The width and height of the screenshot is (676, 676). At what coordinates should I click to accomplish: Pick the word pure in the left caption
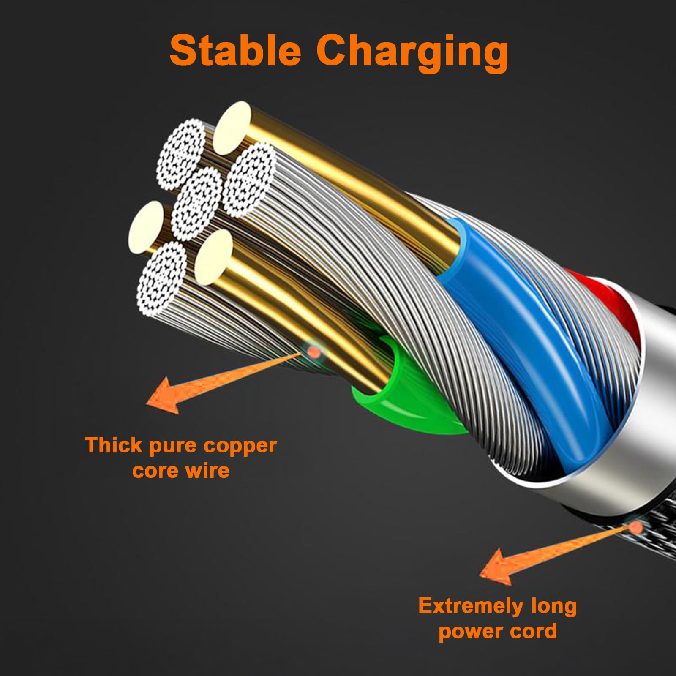tap(172, 447)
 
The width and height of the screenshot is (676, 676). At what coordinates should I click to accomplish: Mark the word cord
tap(534, 631)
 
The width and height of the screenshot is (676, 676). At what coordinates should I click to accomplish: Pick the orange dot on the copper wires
tap(313, 351)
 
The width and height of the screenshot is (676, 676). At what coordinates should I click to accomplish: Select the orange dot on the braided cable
tap(635, 527)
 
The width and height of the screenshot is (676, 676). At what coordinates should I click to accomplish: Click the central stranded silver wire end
tap(197, 204)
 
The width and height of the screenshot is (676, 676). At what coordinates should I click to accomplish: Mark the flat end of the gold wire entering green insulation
tap(213, 257)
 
